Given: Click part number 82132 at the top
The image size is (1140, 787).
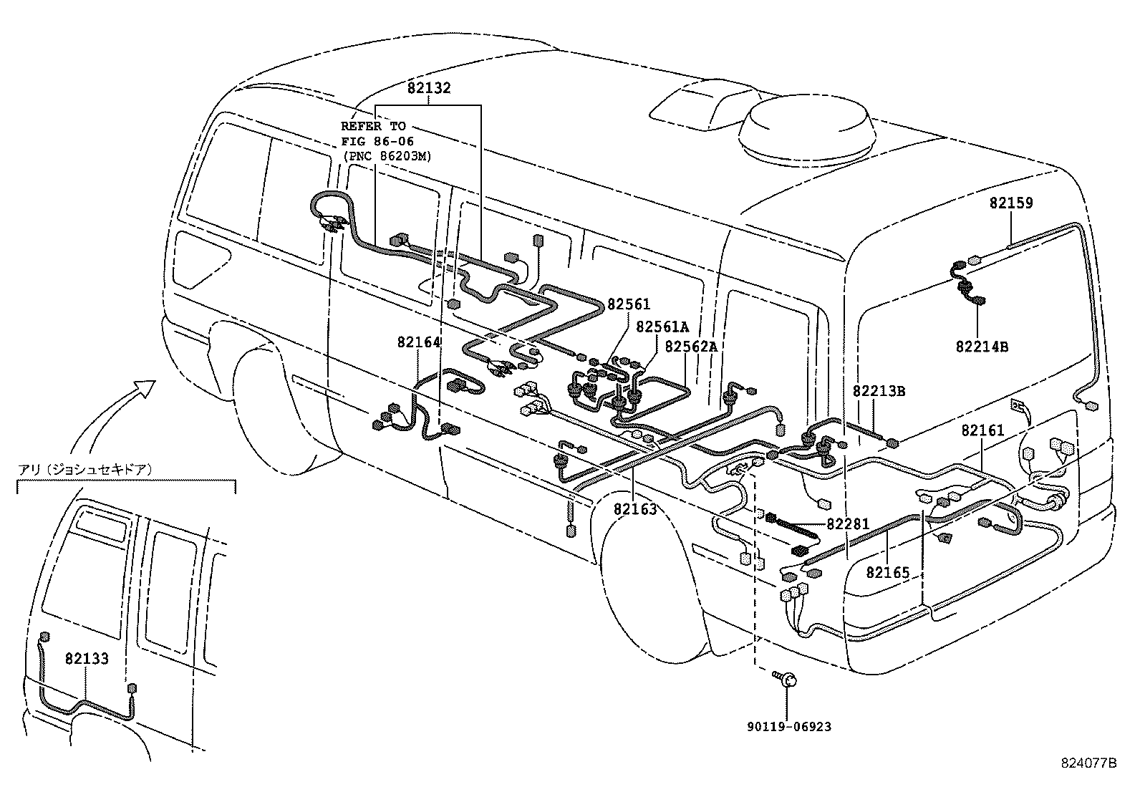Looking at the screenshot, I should click(x=429, y=88).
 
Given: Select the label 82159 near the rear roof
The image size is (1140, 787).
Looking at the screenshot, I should click(x=1011, y=203).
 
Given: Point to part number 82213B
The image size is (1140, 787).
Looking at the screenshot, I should click(x=879, y=391).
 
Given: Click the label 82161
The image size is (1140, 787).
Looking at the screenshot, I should click(x=982, y=430).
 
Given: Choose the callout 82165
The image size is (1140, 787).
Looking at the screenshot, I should click(x=887, y=572).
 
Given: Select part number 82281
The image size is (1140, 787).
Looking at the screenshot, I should click(x=848, y=524).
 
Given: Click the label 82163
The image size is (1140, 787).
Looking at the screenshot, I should click(x=634, y=510).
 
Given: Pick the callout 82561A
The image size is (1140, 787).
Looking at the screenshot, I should click(x=662, y=327).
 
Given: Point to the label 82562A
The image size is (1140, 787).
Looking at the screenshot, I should click(x=690, y=347).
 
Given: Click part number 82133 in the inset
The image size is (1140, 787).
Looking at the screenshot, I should click(x=87, y=658).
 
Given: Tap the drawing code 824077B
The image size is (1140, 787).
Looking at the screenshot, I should click(x=1088, y=763).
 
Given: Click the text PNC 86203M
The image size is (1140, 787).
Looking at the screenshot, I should click(x=387, y=155).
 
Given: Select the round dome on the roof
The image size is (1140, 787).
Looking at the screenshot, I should click(x=805, y=130).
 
